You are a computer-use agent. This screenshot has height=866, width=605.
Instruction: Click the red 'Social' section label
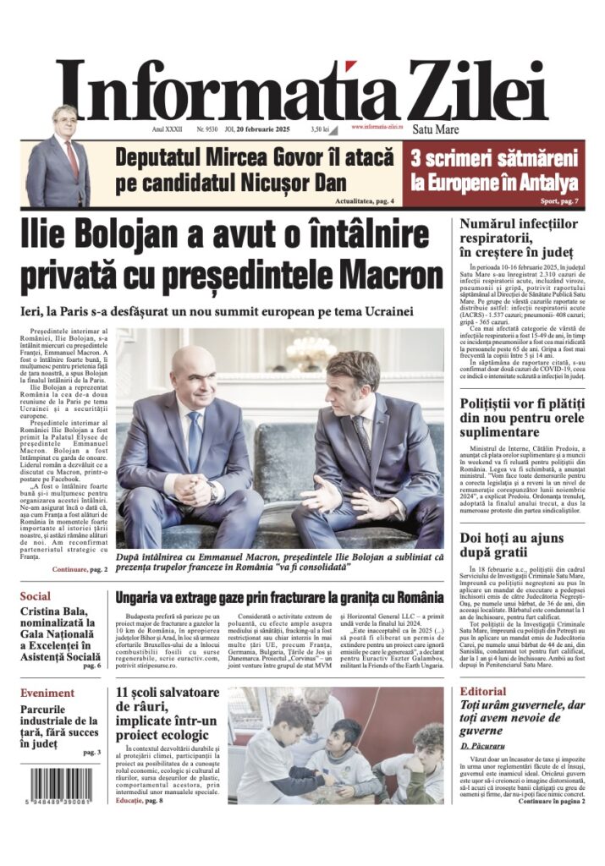pyautogui.click(x=36, y=596)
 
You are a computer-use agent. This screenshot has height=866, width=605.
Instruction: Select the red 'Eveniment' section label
pyautogui.click(x=47, y=693)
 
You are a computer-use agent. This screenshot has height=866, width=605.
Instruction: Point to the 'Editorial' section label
pyautogui.click(x=483, y=692)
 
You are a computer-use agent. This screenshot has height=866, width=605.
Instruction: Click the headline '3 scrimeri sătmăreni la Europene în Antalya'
pyautogui.click(x=494, y=169)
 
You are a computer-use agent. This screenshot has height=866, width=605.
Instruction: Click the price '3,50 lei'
pyautogui.click(x=319, y=129)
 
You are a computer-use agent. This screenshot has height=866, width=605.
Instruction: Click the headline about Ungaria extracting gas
pyautogui.click(x=279, y=597)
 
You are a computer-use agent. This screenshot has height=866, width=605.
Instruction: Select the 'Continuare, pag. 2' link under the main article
pyautogui.click(x=80, y=570)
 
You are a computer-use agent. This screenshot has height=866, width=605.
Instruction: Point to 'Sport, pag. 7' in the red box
pyautogui.click(x=559, y=201)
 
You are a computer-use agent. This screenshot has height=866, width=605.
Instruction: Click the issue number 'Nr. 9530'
pyautogui.click(x=207, y=129)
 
